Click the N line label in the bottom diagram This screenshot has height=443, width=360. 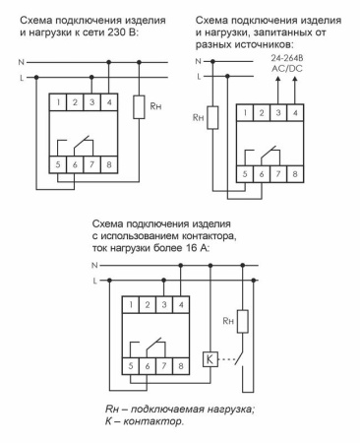pos(95,266)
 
